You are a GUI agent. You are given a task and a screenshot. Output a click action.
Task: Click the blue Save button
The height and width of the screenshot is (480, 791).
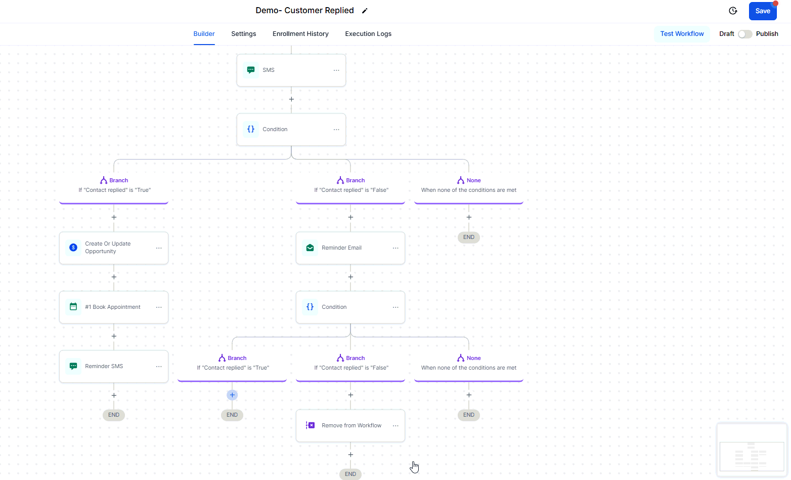pos(762,11)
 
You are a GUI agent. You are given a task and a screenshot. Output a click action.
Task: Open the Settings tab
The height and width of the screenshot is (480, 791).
pos(244,34)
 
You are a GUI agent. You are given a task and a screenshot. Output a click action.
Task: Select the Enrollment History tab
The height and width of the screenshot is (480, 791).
pos(300,34)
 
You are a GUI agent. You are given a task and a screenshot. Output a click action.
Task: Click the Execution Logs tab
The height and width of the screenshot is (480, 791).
pos(368,34)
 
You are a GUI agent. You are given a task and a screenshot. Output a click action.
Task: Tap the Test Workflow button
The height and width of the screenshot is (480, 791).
pos(682,34)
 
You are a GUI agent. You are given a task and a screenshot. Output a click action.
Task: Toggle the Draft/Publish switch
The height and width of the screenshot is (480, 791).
pos(745,34)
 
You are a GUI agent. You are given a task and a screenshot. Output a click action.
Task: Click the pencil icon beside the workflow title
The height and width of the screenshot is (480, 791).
pos(365,11)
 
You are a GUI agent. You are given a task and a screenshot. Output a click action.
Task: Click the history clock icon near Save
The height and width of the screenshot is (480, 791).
pos(733,11)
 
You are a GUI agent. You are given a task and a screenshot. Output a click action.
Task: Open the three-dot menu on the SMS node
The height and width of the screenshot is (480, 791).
pos(336,70)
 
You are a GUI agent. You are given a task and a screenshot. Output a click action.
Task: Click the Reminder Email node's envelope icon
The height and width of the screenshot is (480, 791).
pos(310,248)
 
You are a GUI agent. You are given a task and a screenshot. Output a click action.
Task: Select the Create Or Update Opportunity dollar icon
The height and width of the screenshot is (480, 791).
pos(73,248)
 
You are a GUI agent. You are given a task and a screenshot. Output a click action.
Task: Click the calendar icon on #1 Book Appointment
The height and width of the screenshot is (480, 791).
pos(73,307)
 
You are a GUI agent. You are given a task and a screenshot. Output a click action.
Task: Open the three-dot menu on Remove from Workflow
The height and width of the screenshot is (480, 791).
pos(395,426)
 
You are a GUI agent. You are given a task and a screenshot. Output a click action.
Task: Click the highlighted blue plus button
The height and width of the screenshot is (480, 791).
pos(232,395)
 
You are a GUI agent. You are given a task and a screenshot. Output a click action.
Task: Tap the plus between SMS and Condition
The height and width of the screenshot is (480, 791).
pos(291,99)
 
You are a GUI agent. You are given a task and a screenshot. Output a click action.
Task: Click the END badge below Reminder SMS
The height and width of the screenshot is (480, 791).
pos(114,415)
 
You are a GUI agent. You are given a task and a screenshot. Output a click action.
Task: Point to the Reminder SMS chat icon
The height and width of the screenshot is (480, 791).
pos(73,366)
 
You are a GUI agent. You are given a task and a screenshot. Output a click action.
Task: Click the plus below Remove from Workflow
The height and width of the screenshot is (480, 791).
pos(350,455)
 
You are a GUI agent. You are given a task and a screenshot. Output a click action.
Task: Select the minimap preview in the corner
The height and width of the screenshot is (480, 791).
pos(752,450)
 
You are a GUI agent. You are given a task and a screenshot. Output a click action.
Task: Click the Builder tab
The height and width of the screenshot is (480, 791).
pos(204,34)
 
